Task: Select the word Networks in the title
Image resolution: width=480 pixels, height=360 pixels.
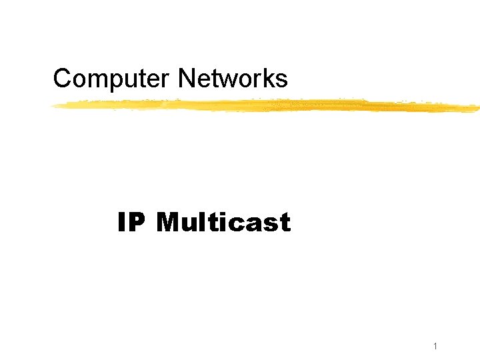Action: tap(233, 79)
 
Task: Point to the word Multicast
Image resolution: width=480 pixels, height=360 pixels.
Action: tap(223, 223)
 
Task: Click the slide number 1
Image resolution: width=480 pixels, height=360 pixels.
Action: tap(435, 346)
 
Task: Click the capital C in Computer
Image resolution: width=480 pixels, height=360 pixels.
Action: tap(62, 79)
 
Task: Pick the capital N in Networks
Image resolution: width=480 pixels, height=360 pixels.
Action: tap(186, 79)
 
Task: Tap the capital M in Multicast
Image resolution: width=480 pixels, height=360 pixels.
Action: tap(169, 223)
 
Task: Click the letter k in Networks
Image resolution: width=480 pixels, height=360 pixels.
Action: tap(271, 79)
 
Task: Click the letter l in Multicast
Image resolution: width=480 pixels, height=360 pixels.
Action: tap(203, 222)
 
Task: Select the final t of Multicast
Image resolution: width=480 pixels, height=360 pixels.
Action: tap(285, 223)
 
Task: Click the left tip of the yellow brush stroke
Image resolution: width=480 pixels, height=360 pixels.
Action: tap(54, 105)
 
